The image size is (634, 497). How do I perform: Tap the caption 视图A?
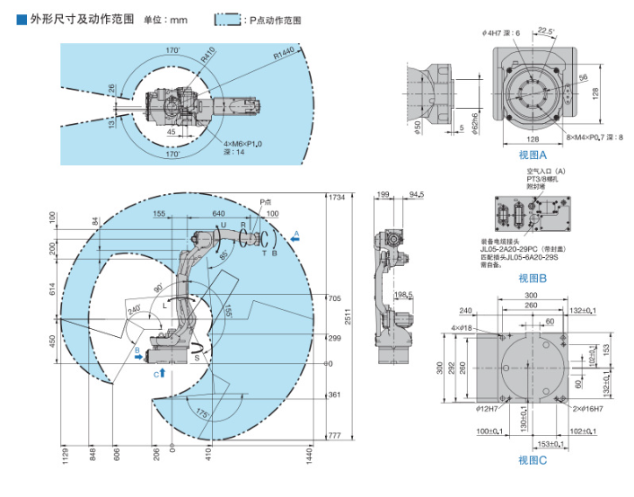tap(533, 155)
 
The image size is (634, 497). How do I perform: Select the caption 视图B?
tap(533, 278)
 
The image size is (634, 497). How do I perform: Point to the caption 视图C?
tap(533, 461)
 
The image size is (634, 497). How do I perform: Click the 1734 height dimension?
tap(337, 197)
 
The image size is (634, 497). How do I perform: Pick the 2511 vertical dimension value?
tap(346, 317)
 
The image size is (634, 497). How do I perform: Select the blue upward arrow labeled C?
tap(161, 371)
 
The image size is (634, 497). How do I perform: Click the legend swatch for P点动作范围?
tap(227, 19)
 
